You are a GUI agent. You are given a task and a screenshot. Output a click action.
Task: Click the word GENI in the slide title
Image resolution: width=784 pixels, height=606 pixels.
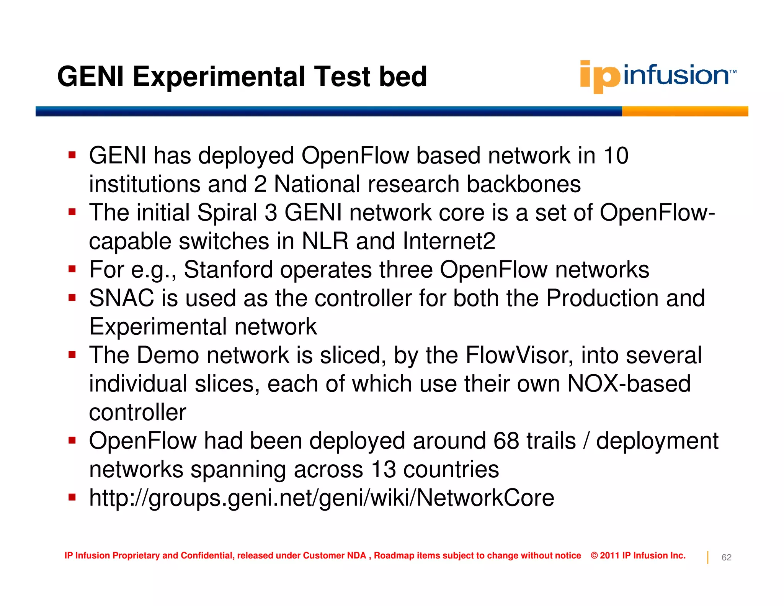[90, 77]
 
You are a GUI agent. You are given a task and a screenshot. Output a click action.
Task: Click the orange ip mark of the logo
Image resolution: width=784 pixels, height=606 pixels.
[599, 77]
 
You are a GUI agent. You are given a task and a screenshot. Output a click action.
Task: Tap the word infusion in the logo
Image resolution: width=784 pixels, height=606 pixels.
[676, 75]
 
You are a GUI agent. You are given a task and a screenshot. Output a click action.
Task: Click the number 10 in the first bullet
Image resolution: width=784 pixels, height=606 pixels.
[616, 156]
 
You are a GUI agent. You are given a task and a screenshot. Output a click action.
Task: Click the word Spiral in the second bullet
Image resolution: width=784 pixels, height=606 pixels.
[227, 213]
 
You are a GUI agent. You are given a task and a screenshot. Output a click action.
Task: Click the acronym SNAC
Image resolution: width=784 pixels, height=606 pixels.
[121, 298]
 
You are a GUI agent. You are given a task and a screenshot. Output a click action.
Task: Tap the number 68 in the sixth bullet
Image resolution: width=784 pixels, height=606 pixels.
[506, 441]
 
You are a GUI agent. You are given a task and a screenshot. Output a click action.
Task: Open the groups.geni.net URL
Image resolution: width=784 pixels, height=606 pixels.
[321, 498]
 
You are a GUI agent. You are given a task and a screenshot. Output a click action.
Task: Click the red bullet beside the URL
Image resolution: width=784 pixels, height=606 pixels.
[72, 497]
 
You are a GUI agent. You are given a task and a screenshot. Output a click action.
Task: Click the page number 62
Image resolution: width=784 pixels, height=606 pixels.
[726, 558]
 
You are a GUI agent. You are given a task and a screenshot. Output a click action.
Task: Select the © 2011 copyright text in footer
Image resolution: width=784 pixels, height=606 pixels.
[638, 555]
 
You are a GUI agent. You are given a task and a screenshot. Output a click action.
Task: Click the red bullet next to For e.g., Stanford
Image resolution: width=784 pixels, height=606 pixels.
[72, 269]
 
